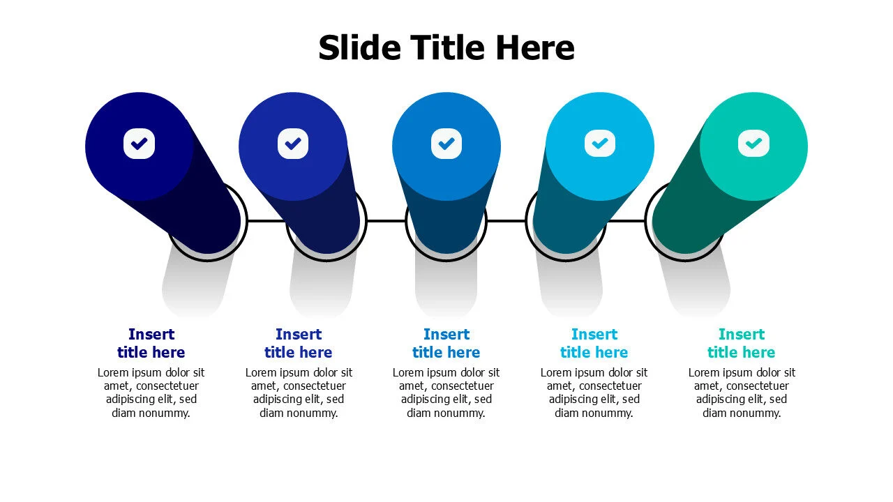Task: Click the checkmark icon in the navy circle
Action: [140, 144]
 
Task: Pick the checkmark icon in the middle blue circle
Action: [446, 144]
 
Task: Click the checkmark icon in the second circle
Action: [293, 144]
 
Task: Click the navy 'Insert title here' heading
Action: [151, 343]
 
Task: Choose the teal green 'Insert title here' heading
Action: [741, 343]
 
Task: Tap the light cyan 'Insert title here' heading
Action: [594, 343]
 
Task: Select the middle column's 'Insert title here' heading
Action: [446, 343]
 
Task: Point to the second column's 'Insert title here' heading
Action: [298, 343]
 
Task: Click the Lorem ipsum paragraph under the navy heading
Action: [151, 393]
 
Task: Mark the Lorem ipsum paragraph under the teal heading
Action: [741, 393]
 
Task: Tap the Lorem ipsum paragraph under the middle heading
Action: [446, 393]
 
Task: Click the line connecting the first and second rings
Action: [267, 221]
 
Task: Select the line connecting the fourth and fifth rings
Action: [625, 221]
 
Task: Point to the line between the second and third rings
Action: [386, 221]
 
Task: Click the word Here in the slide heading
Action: [535, 47]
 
